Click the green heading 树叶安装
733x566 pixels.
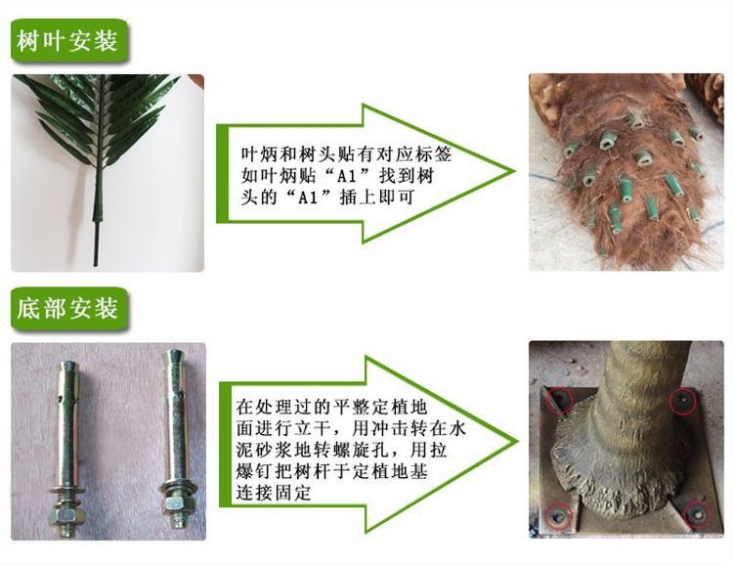(67, 41)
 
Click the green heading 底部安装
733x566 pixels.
(67, 309)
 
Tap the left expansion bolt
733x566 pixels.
(67, 448)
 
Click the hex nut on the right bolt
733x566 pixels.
(176, 504)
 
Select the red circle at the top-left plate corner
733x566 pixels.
(560, 401)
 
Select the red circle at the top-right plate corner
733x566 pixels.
(683, 402)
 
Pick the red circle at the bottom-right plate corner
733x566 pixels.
(697, 514)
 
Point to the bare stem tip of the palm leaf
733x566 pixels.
(96, 265)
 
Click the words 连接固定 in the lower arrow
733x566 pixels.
(274, 493)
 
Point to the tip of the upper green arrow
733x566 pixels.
(514, 172)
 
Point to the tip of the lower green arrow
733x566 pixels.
(518, 442)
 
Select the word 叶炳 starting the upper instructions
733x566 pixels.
(259, 154)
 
